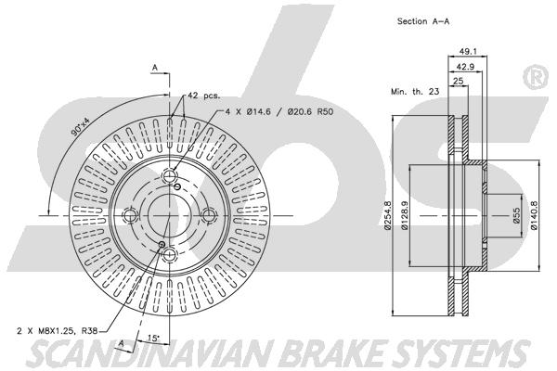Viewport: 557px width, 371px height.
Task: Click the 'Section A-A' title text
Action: tap(423, 21)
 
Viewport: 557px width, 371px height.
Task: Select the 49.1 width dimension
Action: tap(468, 52)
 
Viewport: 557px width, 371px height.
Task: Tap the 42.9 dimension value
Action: tap(465, 67)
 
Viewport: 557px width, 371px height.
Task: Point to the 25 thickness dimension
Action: tap(459, 81)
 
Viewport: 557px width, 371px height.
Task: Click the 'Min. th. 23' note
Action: tap(415, 92)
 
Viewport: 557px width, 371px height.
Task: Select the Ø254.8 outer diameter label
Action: tap(387, 215)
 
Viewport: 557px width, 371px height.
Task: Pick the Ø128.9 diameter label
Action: tap(405, 215)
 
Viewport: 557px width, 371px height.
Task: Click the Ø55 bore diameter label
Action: tap(516, 215)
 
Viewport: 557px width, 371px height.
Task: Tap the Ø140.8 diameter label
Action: tap(534, 215)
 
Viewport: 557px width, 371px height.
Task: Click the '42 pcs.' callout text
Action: tap(204, 96)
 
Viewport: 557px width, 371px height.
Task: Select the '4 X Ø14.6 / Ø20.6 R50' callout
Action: tap(279, 112)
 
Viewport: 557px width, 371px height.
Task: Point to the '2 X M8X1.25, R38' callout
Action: tap(58, 331)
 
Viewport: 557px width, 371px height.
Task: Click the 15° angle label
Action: tap(153, 339)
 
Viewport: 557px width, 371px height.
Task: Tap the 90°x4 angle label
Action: tap(81, 127)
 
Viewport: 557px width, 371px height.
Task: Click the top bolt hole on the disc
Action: tap(170, 175)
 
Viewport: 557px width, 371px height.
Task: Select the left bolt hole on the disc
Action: tap(129, 215)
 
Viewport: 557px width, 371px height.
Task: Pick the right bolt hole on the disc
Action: tap(209, 215)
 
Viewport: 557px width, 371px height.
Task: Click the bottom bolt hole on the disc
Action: tap(170, 254)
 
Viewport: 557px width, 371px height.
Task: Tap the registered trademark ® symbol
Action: tap(537, 77)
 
